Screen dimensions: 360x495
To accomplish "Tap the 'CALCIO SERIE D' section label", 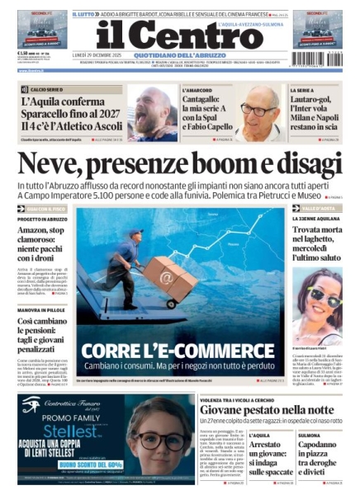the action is [x=44, y=89].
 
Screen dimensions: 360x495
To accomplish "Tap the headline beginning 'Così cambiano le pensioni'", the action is [x=45, y=331].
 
